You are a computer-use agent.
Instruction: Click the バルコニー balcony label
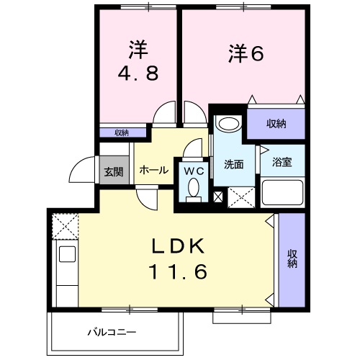pyautogui.click(x=112, y=333)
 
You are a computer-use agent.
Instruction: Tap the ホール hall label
pyautogui.click(x=153, y=171)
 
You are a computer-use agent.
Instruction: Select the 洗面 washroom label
pyautogui.click(x=233, y=164)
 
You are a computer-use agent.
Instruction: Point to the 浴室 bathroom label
pyautogui.click(x=282, y=163)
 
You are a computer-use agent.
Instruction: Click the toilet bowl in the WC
pyautogui.click(x=193, y=189)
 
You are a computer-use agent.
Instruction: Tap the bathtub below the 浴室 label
pyautogui.click(x=282, y=194)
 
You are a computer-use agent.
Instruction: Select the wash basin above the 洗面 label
pyautogui.click(x=230, y=124)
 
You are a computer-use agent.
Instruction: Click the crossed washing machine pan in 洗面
pyautogui.click(x=238, y=196)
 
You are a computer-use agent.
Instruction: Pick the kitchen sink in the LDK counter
pyautogui.click(x=67, y=254)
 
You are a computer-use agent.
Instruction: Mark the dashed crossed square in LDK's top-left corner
pyautogui.click(x=63, y=226)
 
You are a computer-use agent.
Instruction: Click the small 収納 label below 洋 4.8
pyautogui.click(x=121, y=132)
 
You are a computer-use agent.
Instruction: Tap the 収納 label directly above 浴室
pyautogui.click(x=276, y=123)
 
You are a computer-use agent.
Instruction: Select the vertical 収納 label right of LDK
pyautogui.click(x=292, y=258)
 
